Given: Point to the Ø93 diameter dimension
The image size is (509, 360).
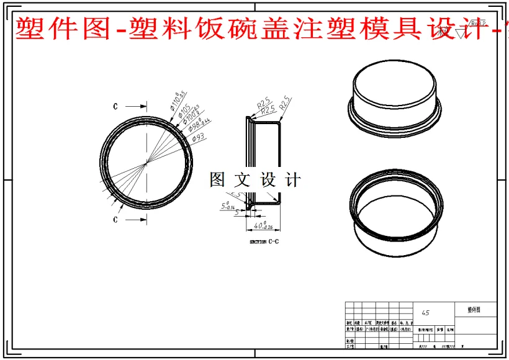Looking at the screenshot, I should click(x=199, y=137).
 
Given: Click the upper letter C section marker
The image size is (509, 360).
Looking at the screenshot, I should click(x=115, y=106).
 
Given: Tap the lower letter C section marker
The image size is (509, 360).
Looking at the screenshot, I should click(x=115, y=220).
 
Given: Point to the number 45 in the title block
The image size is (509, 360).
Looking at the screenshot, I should click(x=425, y=313).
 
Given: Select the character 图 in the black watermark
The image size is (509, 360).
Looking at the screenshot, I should click(x=218, y=180).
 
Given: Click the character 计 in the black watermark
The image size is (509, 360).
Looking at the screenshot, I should click(x=292, y=180).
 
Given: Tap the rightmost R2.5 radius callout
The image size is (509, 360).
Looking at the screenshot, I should click(x=285, y=103).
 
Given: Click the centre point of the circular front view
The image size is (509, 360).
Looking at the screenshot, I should click(x=146, y=163).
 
